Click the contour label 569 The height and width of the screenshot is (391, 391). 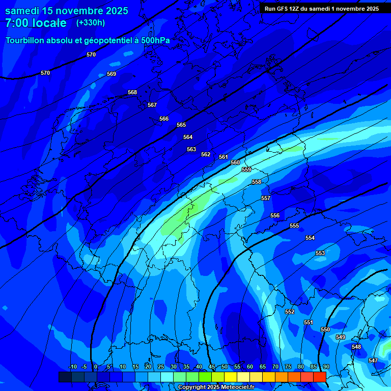(x=111, y=74)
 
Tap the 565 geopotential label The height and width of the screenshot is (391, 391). (x=181, y=125)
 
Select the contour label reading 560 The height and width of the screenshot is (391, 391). (x=235, y=162)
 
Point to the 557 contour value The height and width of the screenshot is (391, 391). (x=266, y=198)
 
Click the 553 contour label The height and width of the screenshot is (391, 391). (x=320, y=253)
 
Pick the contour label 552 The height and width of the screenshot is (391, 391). (x=290, y=312)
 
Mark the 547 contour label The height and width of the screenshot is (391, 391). (x=373, y=360)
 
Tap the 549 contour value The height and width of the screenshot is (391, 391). (x=341, y=337)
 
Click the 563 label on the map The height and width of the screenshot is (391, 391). (x=191, y=149)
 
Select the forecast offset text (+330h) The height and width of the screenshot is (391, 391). (x=91, y=23)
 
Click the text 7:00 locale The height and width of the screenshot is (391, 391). (x=36, y=23)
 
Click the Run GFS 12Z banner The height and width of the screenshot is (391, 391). (x=321, y=9)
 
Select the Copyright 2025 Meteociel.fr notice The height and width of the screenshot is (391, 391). (x=216, y=387)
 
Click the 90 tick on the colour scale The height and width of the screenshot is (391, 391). (x=326, y=367)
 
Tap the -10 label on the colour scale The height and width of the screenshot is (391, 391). (x=72, y=367)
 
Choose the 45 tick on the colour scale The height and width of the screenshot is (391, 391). (x=212, y=367)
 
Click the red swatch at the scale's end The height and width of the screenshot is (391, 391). (x=319, y=377)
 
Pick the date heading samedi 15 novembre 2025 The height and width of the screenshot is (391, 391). (x=67, y=11)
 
